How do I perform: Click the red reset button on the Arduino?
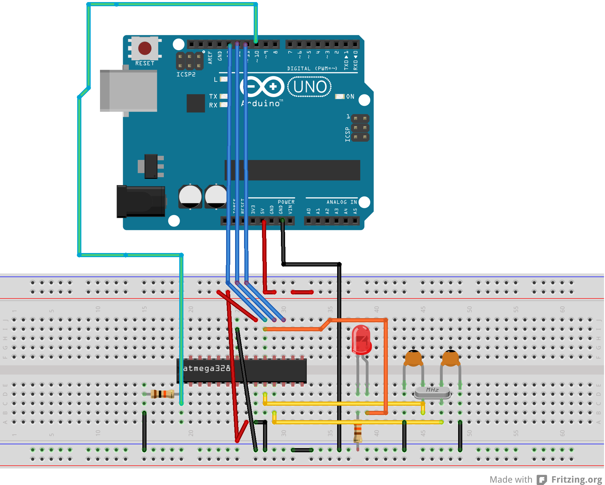tap(145, 49)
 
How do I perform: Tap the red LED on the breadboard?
tap(361, 340)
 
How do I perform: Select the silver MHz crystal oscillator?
tap(432, 392)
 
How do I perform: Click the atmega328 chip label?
tap(206, 368)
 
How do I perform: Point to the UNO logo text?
tap(310, 87)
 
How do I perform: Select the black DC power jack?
tap(141, 201)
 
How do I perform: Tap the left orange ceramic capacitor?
tap(413, 358)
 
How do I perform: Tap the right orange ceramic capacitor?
tap(450, 358)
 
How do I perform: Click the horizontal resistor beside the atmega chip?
tap(162, 394)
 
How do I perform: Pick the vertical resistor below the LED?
tap(358, 433)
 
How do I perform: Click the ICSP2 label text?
tap(186, 74)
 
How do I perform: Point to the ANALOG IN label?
tap(341, 202)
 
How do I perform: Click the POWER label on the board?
tap(286, 202)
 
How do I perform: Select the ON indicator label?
tap(350, 97)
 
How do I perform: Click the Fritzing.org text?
tap(576, 479)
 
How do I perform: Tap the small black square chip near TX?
tap(195, 103)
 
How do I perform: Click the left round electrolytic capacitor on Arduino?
tap(190, 196)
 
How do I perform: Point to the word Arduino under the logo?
tap(262, 103)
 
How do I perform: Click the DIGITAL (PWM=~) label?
tap(312, 69)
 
